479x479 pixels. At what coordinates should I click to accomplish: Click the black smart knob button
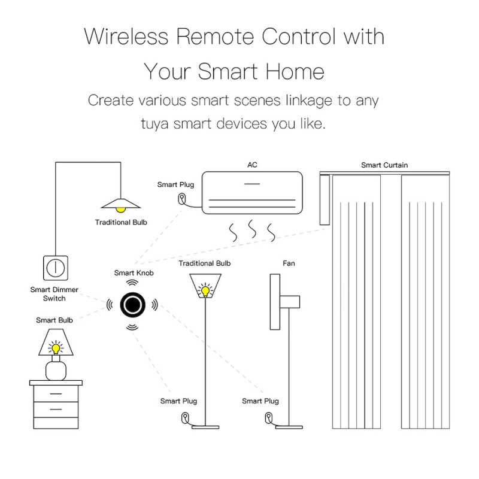tap(133, 305)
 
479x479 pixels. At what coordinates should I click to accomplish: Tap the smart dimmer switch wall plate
tap(56, 268)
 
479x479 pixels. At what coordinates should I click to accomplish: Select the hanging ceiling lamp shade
tap(121, 204)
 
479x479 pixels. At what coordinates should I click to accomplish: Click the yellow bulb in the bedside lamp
tap(56, 348)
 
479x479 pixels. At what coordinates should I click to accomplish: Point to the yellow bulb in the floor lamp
tap(205, 290)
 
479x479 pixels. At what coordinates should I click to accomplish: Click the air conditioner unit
tap(252, 193)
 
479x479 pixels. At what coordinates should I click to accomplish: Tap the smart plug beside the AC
tap(182, 199)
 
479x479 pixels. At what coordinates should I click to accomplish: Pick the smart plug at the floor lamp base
tap(185, 417)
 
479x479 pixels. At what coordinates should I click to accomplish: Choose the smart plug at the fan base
tap(268, 417)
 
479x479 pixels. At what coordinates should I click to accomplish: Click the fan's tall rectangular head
tap(275, 302)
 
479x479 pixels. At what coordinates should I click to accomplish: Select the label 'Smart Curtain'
tap(384, 165)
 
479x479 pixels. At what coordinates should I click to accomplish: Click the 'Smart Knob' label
tap(134, 273)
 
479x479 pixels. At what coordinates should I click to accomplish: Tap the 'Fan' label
tap(289, 263)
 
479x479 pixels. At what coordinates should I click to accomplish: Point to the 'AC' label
tap(252, 165)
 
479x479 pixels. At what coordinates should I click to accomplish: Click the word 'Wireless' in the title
tap(126, 37)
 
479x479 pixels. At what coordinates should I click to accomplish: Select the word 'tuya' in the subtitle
tap(154, 124)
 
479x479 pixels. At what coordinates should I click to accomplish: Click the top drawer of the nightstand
tap(56, 393)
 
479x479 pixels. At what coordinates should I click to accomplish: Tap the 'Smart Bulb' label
tap(54, 320)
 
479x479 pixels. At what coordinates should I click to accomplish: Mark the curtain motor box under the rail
tap(325, 200)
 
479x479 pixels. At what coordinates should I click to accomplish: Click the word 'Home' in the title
tap(295, 71)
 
